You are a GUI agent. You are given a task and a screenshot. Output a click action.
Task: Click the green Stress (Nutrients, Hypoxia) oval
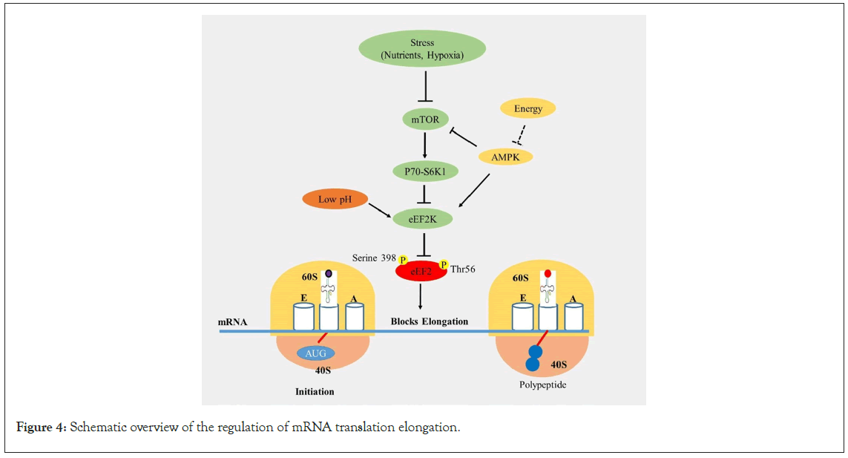click(422, 48)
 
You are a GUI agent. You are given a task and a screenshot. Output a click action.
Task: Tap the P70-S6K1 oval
click(424, 171)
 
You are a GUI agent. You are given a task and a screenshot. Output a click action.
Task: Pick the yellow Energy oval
click(527, 108)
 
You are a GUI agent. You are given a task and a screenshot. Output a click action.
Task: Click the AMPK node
click(505, 157)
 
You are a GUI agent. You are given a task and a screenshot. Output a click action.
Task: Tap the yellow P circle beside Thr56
click(444, 264)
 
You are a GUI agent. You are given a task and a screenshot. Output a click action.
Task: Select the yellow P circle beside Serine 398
click(403, 260)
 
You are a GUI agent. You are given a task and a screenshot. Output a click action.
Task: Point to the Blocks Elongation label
click(430, 321)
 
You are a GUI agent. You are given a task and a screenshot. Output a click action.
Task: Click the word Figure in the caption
click(34, 428)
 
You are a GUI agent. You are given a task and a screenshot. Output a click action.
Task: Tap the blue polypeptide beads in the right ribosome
click(534, 358)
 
